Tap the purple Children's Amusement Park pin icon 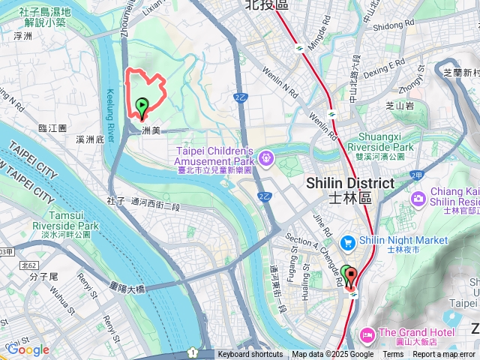[x=266, y=158]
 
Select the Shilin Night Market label [x=403, y=241]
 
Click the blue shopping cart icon [x=347, y=241]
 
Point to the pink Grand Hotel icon [x=367, y=333]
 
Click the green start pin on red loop [x=141, y=107]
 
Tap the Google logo [x=28, y=349]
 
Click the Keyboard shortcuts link [x=250, y=355]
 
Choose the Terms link [x=393, y=355]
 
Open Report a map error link [x=445, y=355]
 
